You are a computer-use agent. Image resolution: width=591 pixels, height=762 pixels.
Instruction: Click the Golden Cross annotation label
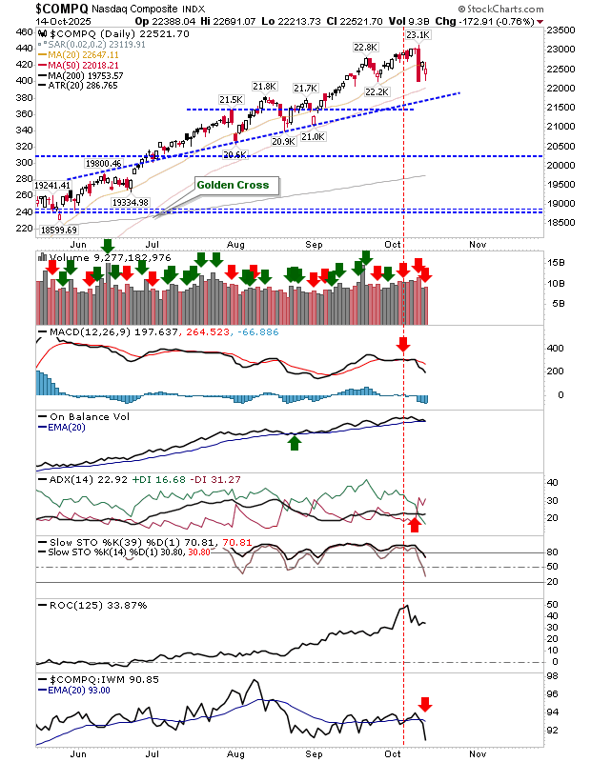pyautogui.click(x=234, y=185)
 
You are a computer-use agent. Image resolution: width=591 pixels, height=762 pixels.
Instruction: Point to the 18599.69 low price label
pyautogui.click(x=59, y=231)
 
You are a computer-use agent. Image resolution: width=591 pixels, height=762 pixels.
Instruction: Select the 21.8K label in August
pyautogui.click(x=264, y=87)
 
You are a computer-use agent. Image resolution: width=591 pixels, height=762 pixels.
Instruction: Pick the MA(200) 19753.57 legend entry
pyautogui.click(x=89, y=74)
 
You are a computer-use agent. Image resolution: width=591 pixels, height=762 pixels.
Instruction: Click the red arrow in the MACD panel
pyautogui.click(x=402, y=343)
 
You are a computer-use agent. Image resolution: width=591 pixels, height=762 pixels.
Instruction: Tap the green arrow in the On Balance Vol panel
pyautogui.click(x=295, y=442)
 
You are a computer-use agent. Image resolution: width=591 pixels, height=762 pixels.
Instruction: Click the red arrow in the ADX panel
pyautogui.click(x=415, y=525)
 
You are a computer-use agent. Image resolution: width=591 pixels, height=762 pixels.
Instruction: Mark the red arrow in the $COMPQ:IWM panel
pyautogui.click(x=426, y=705)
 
